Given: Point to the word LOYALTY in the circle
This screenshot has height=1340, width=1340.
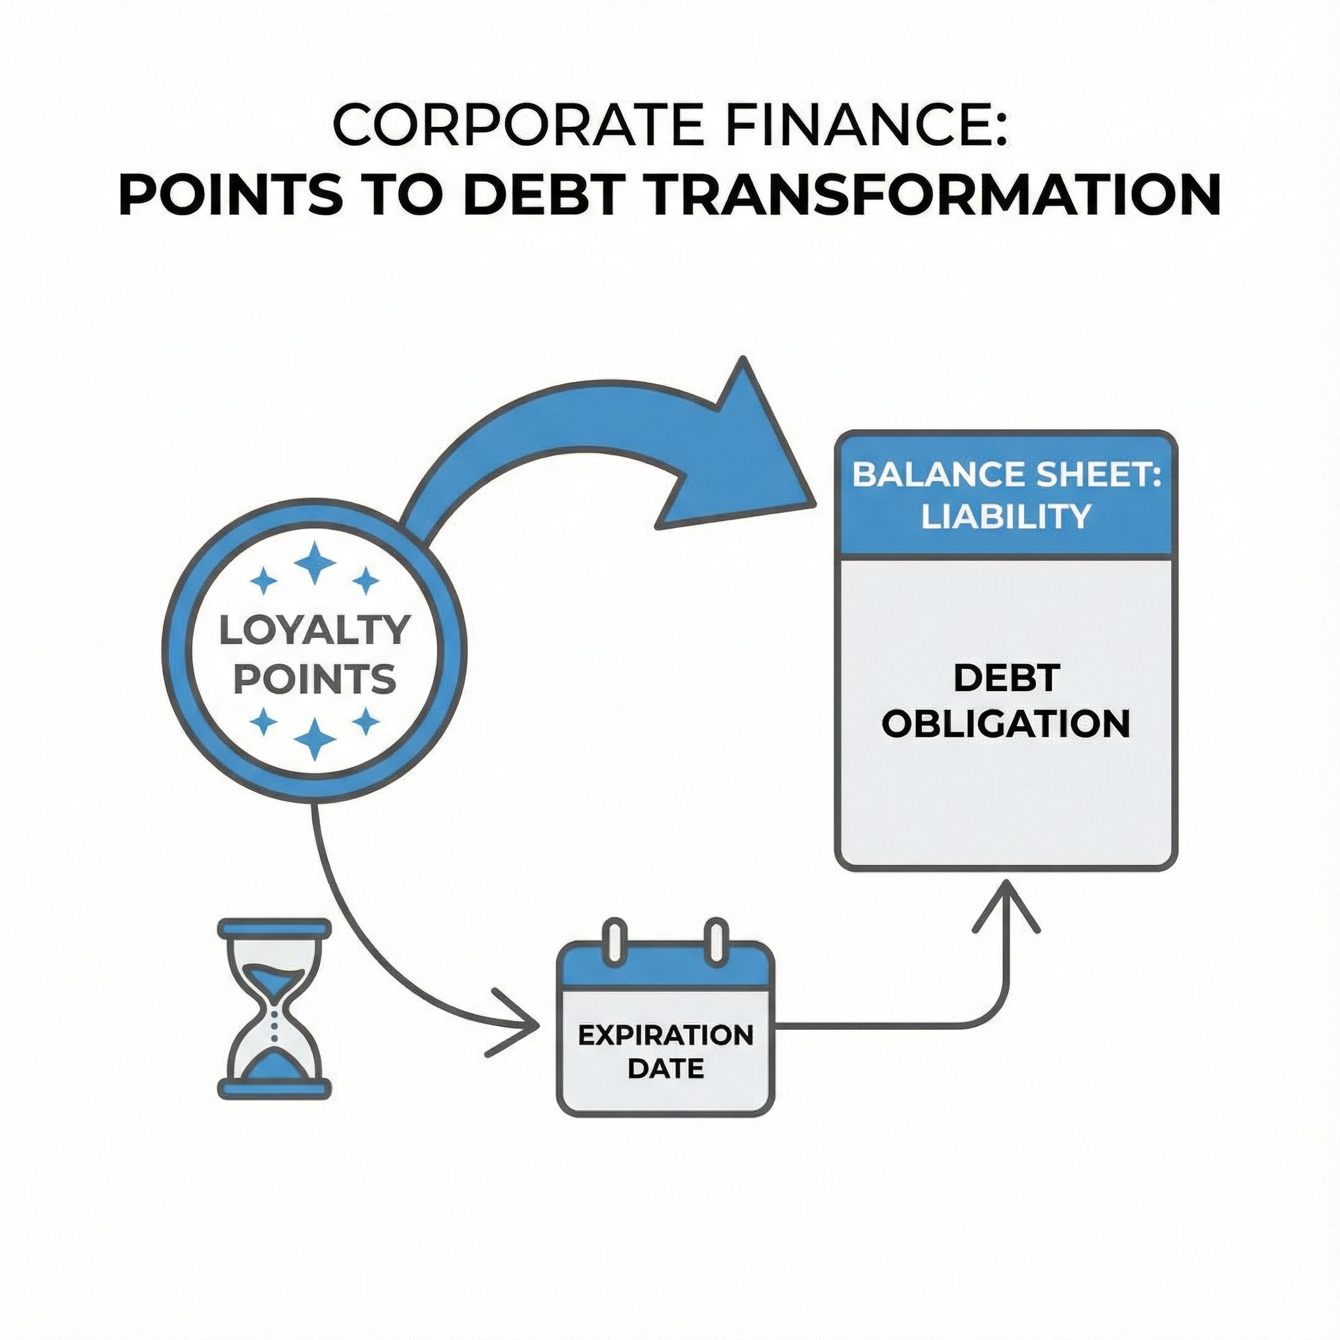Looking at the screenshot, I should (x=313, y=631).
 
